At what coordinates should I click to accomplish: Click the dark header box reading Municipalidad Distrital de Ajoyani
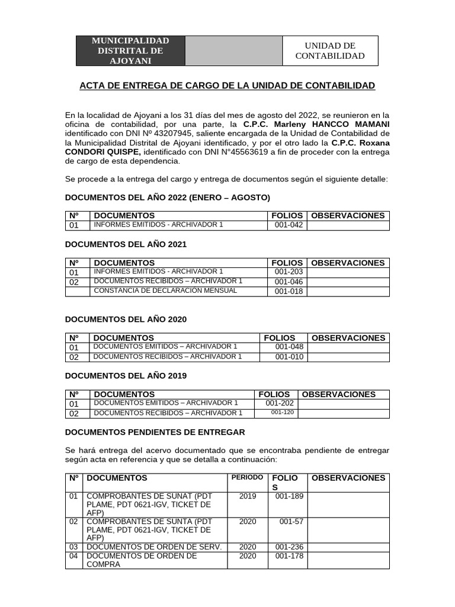[130, 50]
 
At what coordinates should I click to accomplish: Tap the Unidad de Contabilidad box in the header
[329, 50]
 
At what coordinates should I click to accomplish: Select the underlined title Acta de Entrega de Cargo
[227, 86]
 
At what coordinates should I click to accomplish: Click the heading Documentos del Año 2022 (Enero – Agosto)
[167, 197]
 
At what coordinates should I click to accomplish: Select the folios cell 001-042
[289, 225]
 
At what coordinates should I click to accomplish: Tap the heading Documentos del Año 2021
[126, 244]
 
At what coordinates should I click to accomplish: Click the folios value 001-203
[289, 272]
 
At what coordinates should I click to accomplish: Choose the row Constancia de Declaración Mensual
[165, 290]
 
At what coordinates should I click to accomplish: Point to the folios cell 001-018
[289, 291]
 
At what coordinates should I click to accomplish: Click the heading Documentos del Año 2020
[126, 320]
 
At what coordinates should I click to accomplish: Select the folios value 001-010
[289, 357]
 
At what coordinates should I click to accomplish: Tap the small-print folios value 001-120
[282, 413]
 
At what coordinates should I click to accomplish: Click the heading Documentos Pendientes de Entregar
[155, 432]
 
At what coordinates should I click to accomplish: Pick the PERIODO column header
[247, 478]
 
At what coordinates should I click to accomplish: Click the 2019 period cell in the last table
[248, 496]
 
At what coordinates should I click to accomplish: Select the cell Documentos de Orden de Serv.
[154, 547]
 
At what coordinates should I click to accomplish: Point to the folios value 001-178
[289, 556]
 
